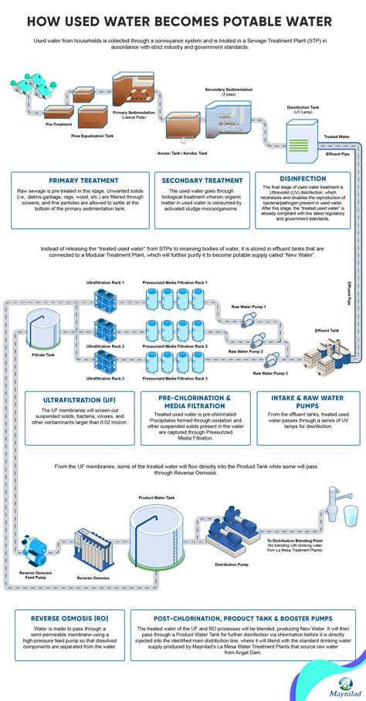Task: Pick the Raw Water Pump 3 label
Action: [x=270, y=373]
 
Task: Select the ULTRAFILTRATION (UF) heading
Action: [x=74, y=400]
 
